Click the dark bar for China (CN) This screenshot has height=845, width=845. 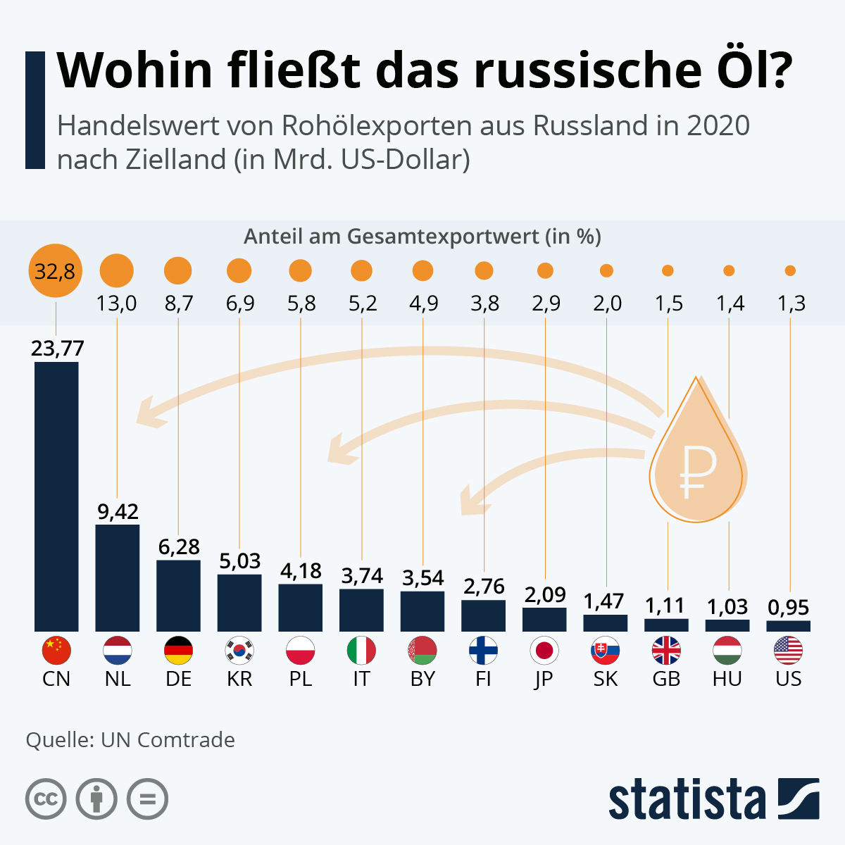pos(56,496)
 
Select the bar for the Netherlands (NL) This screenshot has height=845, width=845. pos(117,577)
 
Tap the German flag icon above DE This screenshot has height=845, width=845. pos(178,650)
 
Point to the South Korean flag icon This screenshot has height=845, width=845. pos(239,650)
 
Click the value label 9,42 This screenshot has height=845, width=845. pos(118,511)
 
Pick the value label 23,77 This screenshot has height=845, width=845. pos(57,348)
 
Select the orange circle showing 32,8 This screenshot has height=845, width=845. pos(56,270)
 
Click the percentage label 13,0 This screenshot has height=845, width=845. pos(117,303)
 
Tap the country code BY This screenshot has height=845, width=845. pos(423,679)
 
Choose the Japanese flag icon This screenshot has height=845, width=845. pos(544,650)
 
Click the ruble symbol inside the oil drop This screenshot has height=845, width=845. pos(697,470)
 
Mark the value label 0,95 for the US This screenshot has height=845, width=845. pos(789,607)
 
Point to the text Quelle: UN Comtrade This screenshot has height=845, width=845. pos(130,740)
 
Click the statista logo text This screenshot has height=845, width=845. pos(687,799)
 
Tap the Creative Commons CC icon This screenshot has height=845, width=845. pos(46,799)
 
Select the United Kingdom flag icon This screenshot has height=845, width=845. pos(666,650)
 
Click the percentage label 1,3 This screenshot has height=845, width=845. pos(790,303)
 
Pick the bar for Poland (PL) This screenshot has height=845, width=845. pos(300,607)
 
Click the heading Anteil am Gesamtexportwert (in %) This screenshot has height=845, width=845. pos(423,237)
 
